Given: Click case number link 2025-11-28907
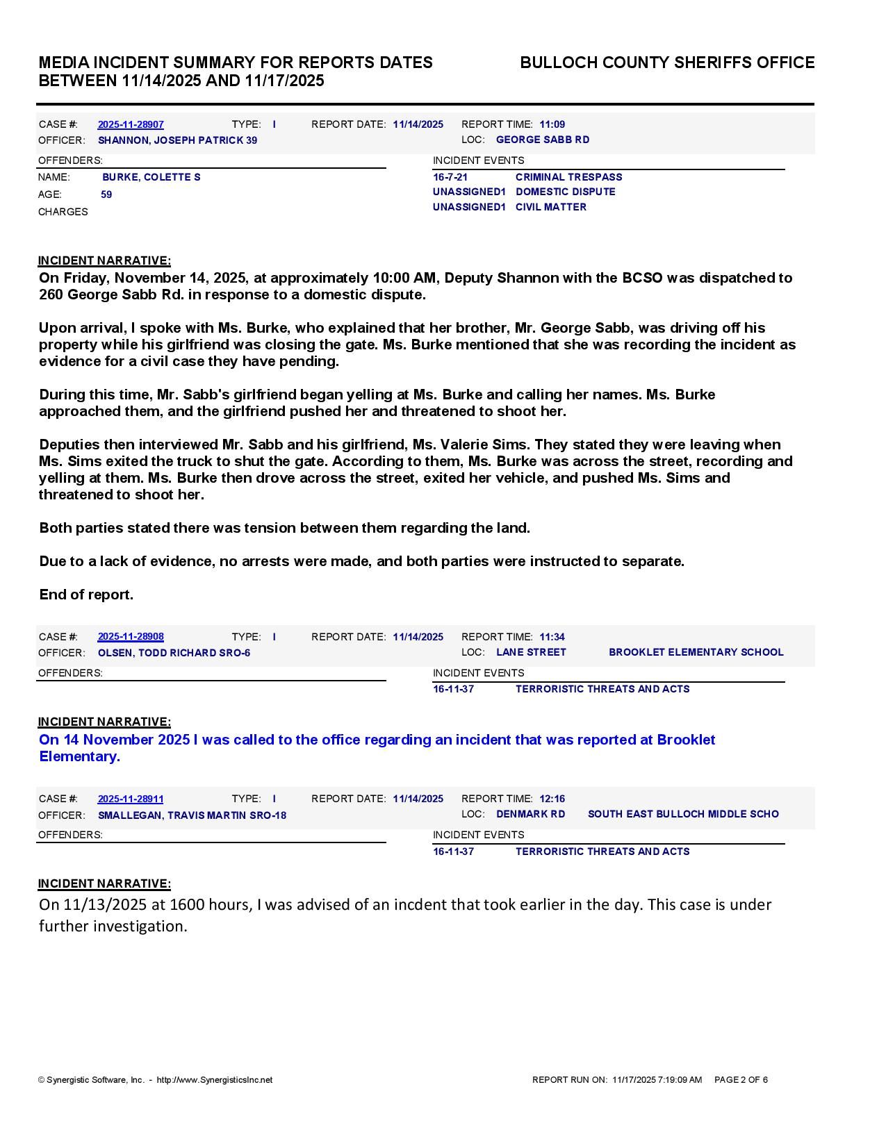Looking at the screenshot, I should click(131, 124).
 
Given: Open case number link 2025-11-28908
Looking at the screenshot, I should click(131, 637).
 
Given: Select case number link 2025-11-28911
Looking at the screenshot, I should click(131, 799).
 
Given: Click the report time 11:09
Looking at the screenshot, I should click(552, 124).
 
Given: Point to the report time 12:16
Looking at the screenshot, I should click(552, 799).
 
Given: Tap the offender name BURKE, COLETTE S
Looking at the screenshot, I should click(151, 177).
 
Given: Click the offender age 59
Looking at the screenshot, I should click(106, 194).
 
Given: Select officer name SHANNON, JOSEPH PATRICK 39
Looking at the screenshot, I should click(177, 140).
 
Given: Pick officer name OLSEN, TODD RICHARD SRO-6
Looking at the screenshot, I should click(174, 653).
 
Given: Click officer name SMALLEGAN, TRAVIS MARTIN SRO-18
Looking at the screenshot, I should click(192, 815).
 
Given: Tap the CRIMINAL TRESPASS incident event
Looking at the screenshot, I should click(568, 177).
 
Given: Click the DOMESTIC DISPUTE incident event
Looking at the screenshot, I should click(565, 192).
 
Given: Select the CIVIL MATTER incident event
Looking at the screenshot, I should click(550, 207).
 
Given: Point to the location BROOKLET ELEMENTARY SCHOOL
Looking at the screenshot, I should click(696, 652).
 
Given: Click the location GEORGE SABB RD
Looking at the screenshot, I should click(542, 140).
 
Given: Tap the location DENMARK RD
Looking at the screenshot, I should click(530, 814).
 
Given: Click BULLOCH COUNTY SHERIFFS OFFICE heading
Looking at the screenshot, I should click(667, 63).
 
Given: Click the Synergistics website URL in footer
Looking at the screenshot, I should click(214, 1080).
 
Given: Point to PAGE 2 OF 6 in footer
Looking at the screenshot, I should click(741, 1080).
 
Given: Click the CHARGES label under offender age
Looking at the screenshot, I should click(63, 212).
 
